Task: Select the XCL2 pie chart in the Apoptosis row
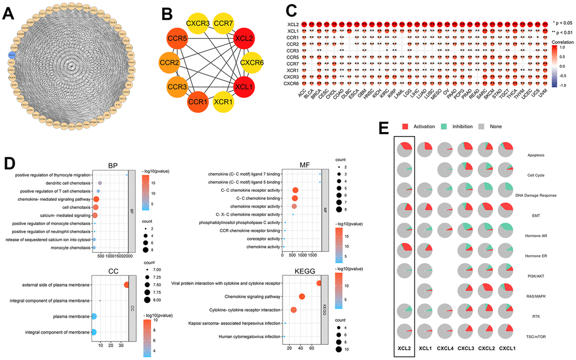coord(403,150)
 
